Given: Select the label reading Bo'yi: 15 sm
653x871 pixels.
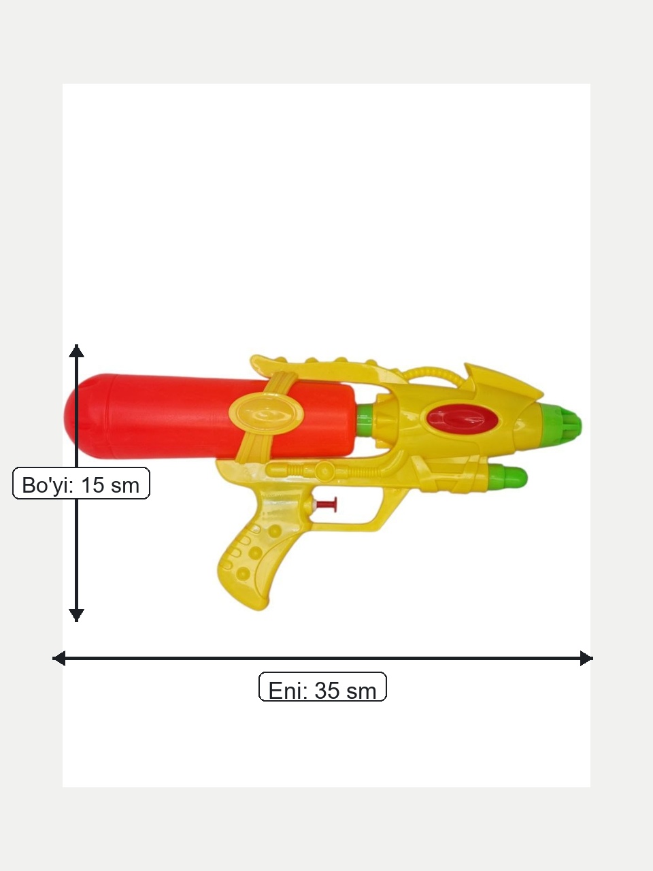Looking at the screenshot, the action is click(81, 483).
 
